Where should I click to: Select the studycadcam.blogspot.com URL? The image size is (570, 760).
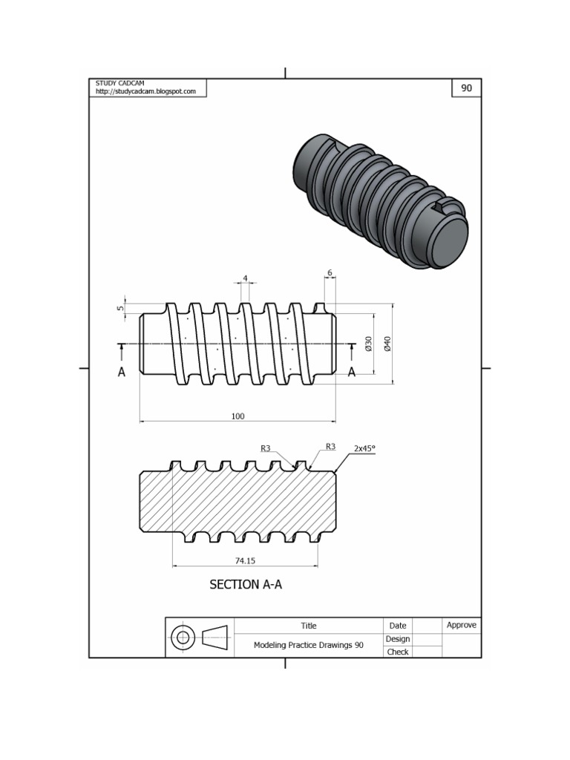pos(145,91)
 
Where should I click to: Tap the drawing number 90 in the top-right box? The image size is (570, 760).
pos(466,88)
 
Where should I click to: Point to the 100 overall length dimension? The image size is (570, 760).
pos(237,416)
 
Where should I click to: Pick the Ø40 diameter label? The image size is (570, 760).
pos(387,343)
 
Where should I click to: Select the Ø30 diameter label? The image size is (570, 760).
pos(368,343)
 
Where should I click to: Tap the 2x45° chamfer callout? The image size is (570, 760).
pos(364,448)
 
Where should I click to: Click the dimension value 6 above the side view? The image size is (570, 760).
pos(330,272)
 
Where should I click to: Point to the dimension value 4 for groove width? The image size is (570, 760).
pos(244,278)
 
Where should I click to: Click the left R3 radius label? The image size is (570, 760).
pos(266,448)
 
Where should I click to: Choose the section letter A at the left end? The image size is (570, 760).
pos(122,373)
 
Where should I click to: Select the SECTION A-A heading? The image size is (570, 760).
pos(246,585)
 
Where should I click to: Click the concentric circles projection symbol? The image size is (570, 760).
pos(183,637)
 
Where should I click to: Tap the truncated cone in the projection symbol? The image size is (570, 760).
pos(215,637)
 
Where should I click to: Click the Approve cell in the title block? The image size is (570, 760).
pos(461,625)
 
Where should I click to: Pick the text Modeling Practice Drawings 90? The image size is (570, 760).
pos(309,646)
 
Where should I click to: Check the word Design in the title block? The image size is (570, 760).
pos(398,639)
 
